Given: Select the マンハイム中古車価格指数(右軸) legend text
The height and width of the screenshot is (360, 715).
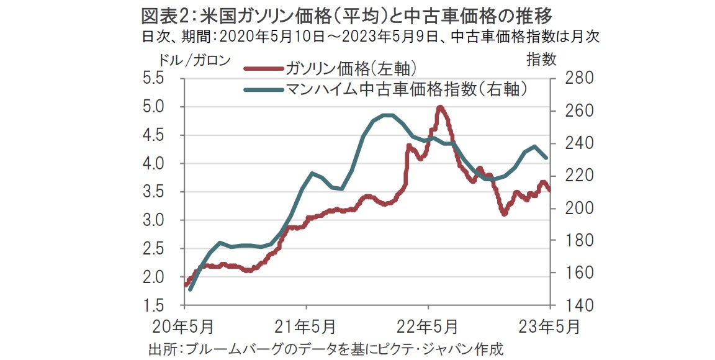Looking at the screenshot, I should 406,89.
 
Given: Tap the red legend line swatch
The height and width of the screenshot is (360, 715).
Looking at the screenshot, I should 264,68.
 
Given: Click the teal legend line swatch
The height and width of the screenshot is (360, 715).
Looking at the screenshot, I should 264,90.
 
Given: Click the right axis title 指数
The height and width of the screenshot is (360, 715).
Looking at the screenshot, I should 541,60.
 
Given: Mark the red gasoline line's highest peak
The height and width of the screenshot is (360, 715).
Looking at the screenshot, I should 440,107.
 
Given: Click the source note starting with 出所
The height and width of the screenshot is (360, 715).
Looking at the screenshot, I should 326,349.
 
